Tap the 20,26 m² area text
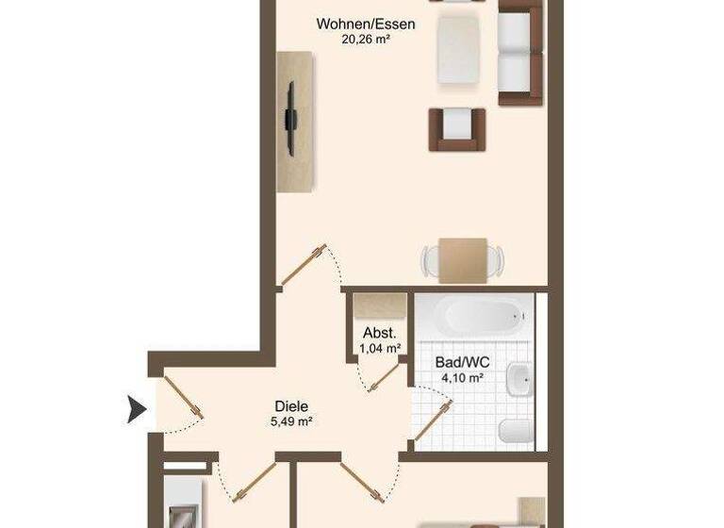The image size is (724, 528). [x=367, y=40]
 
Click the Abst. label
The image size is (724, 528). [x=380, y=334]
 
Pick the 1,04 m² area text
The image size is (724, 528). [x=380, y=348]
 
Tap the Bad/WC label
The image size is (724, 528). [x=461, y=362]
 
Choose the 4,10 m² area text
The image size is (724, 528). [x=461, y=377]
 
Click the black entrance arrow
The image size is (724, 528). [x=138, y=410]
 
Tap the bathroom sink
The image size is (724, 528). [x=519, y=381]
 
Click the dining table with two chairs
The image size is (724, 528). [x=462, y=257]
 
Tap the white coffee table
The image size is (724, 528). [x=459, y=49]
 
